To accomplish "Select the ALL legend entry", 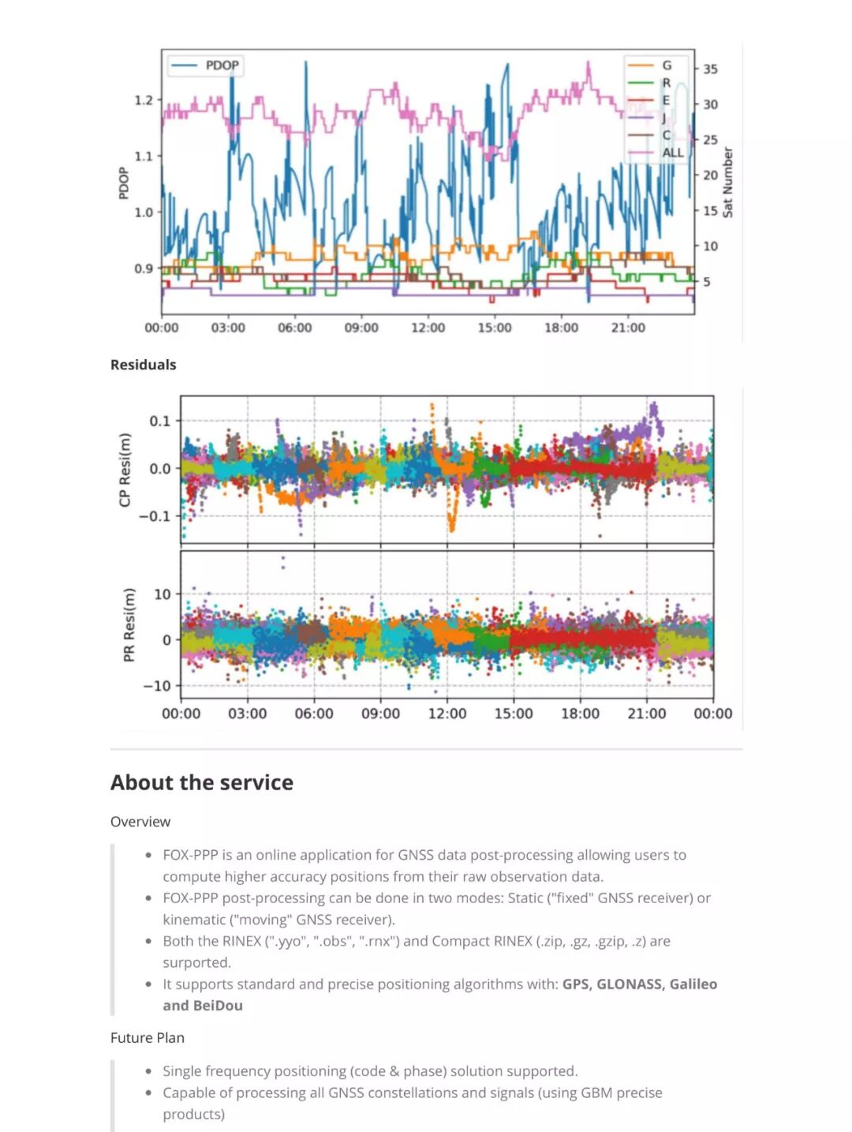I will coord(672,152).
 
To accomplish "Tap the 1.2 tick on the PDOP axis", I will coord(143,100).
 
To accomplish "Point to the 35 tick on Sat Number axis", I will coord(710,69).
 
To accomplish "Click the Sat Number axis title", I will coord(727,182).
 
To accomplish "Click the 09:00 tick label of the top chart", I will coord(361,328).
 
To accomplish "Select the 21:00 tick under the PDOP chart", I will coord(627,328).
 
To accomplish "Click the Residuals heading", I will coord(144,365).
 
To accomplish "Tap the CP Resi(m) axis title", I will coord(125,470).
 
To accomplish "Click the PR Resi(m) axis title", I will coord(129,624).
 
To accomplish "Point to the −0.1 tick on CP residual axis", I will coord(154,516).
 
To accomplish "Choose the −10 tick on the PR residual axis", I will coord(156,686).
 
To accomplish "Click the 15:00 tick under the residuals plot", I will coord(514,714).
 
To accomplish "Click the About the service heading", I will coord(202,782).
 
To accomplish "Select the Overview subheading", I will coord(140,822).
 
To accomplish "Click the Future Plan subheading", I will coord(148,1038).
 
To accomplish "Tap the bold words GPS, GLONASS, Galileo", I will coord(639,984).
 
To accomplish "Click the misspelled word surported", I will coord(196,963).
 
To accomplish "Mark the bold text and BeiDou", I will coord(203,1006).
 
